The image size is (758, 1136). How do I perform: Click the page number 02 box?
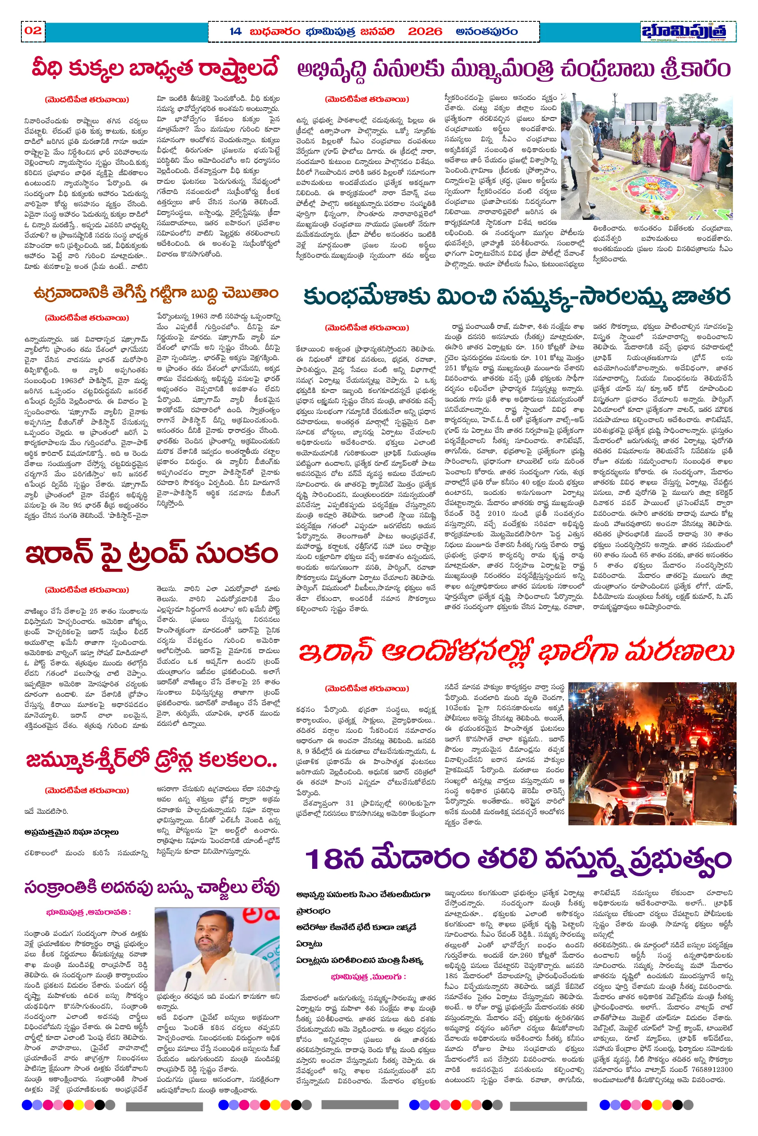33,31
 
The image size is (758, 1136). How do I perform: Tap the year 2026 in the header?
424,32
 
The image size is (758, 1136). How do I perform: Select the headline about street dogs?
155,68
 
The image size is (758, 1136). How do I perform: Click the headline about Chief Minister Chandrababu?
513,69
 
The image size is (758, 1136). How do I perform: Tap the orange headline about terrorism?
155,293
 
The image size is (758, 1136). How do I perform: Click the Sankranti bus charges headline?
151,888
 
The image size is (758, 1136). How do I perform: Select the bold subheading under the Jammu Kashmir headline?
71,832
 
